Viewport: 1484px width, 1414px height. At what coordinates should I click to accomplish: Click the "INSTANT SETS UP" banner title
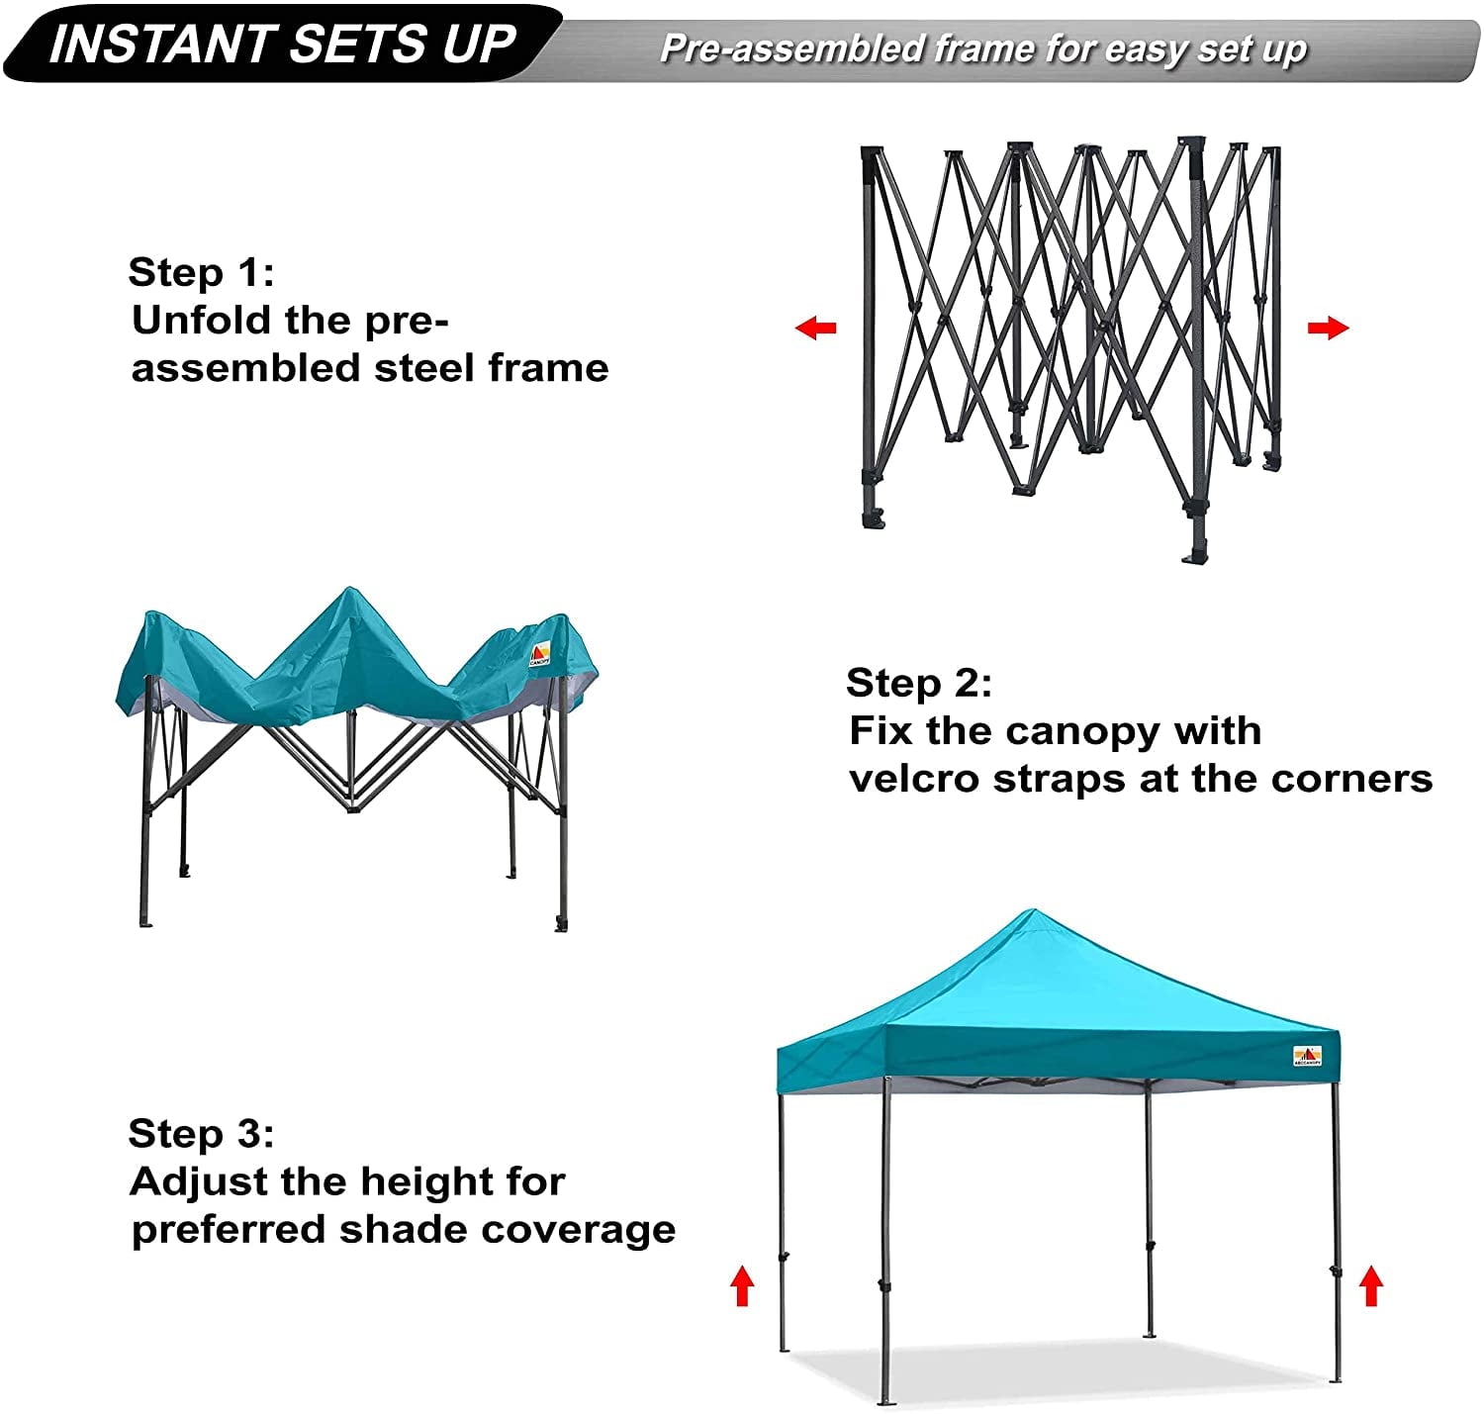point(282,43)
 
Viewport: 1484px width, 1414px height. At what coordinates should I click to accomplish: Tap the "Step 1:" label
point(201,272)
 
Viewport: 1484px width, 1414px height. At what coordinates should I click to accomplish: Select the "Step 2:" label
point(919,683)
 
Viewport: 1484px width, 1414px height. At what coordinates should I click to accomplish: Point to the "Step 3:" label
point(201,1134)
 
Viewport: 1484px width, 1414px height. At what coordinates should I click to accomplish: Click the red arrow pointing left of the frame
point(816,328)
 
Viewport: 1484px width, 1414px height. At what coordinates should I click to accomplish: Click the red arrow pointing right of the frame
point(1328,328)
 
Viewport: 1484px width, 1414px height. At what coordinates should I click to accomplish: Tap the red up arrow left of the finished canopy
point(742,1285)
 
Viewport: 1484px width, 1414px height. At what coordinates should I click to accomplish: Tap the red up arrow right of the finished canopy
point(1371,1285)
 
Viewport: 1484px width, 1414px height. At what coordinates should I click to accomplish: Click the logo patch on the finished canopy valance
point(1307,1056)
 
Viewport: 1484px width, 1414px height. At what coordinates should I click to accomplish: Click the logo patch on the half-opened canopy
point(540,654)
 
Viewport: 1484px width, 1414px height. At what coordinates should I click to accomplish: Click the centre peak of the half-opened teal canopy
point(348,591)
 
